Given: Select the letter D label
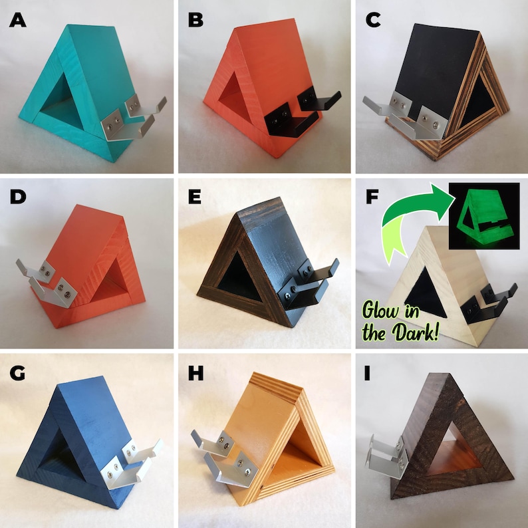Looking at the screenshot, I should tap(19, 198).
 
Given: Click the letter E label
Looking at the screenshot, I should tap(196, 198).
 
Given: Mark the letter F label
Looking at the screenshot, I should tap(374, 198).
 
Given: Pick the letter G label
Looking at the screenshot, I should tap(19, 374).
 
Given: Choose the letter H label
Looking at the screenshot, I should tap(196, 374).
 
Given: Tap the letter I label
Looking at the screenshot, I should tap(374, 374).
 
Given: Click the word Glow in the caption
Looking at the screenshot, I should tap(392, 311).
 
